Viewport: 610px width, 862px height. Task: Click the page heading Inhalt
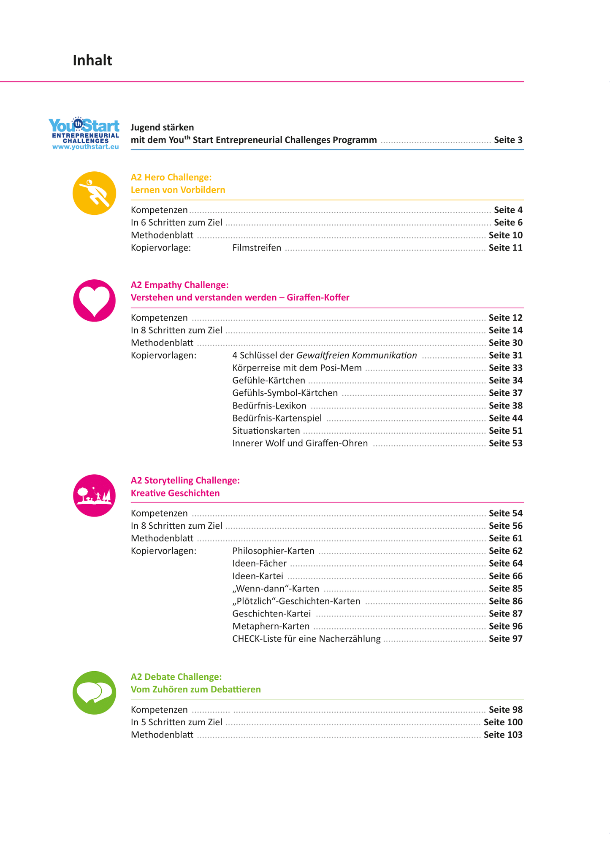[92, 60]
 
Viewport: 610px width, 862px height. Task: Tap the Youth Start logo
[84, 133]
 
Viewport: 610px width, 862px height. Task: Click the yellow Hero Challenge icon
[94, 193]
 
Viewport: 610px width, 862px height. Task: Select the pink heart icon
[94, 300]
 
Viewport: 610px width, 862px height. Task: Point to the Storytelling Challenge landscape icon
[94, 495]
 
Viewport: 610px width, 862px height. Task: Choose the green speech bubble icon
[94, 692]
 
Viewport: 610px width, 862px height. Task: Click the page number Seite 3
[508, 140]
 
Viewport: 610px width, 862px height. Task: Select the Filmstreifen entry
[257, 248]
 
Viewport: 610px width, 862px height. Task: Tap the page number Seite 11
[505, 248]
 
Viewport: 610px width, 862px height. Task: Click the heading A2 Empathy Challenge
[179, 285]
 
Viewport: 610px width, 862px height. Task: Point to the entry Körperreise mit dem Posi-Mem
[297, 368]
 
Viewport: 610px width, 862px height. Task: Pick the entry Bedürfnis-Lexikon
[269, 405]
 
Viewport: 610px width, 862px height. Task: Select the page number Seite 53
[505, 443]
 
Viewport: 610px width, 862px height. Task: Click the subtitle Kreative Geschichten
[175, 493]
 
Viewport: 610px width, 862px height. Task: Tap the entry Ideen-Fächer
[259, 563]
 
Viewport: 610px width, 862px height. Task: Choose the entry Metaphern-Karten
[271, 626]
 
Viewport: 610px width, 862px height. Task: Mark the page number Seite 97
[505, 639]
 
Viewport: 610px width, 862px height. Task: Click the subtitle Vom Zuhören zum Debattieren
[195, 689]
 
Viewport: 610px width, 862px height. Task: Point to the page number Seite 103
[503, 735]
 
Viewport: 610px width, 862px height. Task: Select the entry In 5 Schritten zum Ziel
[176, 722]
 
